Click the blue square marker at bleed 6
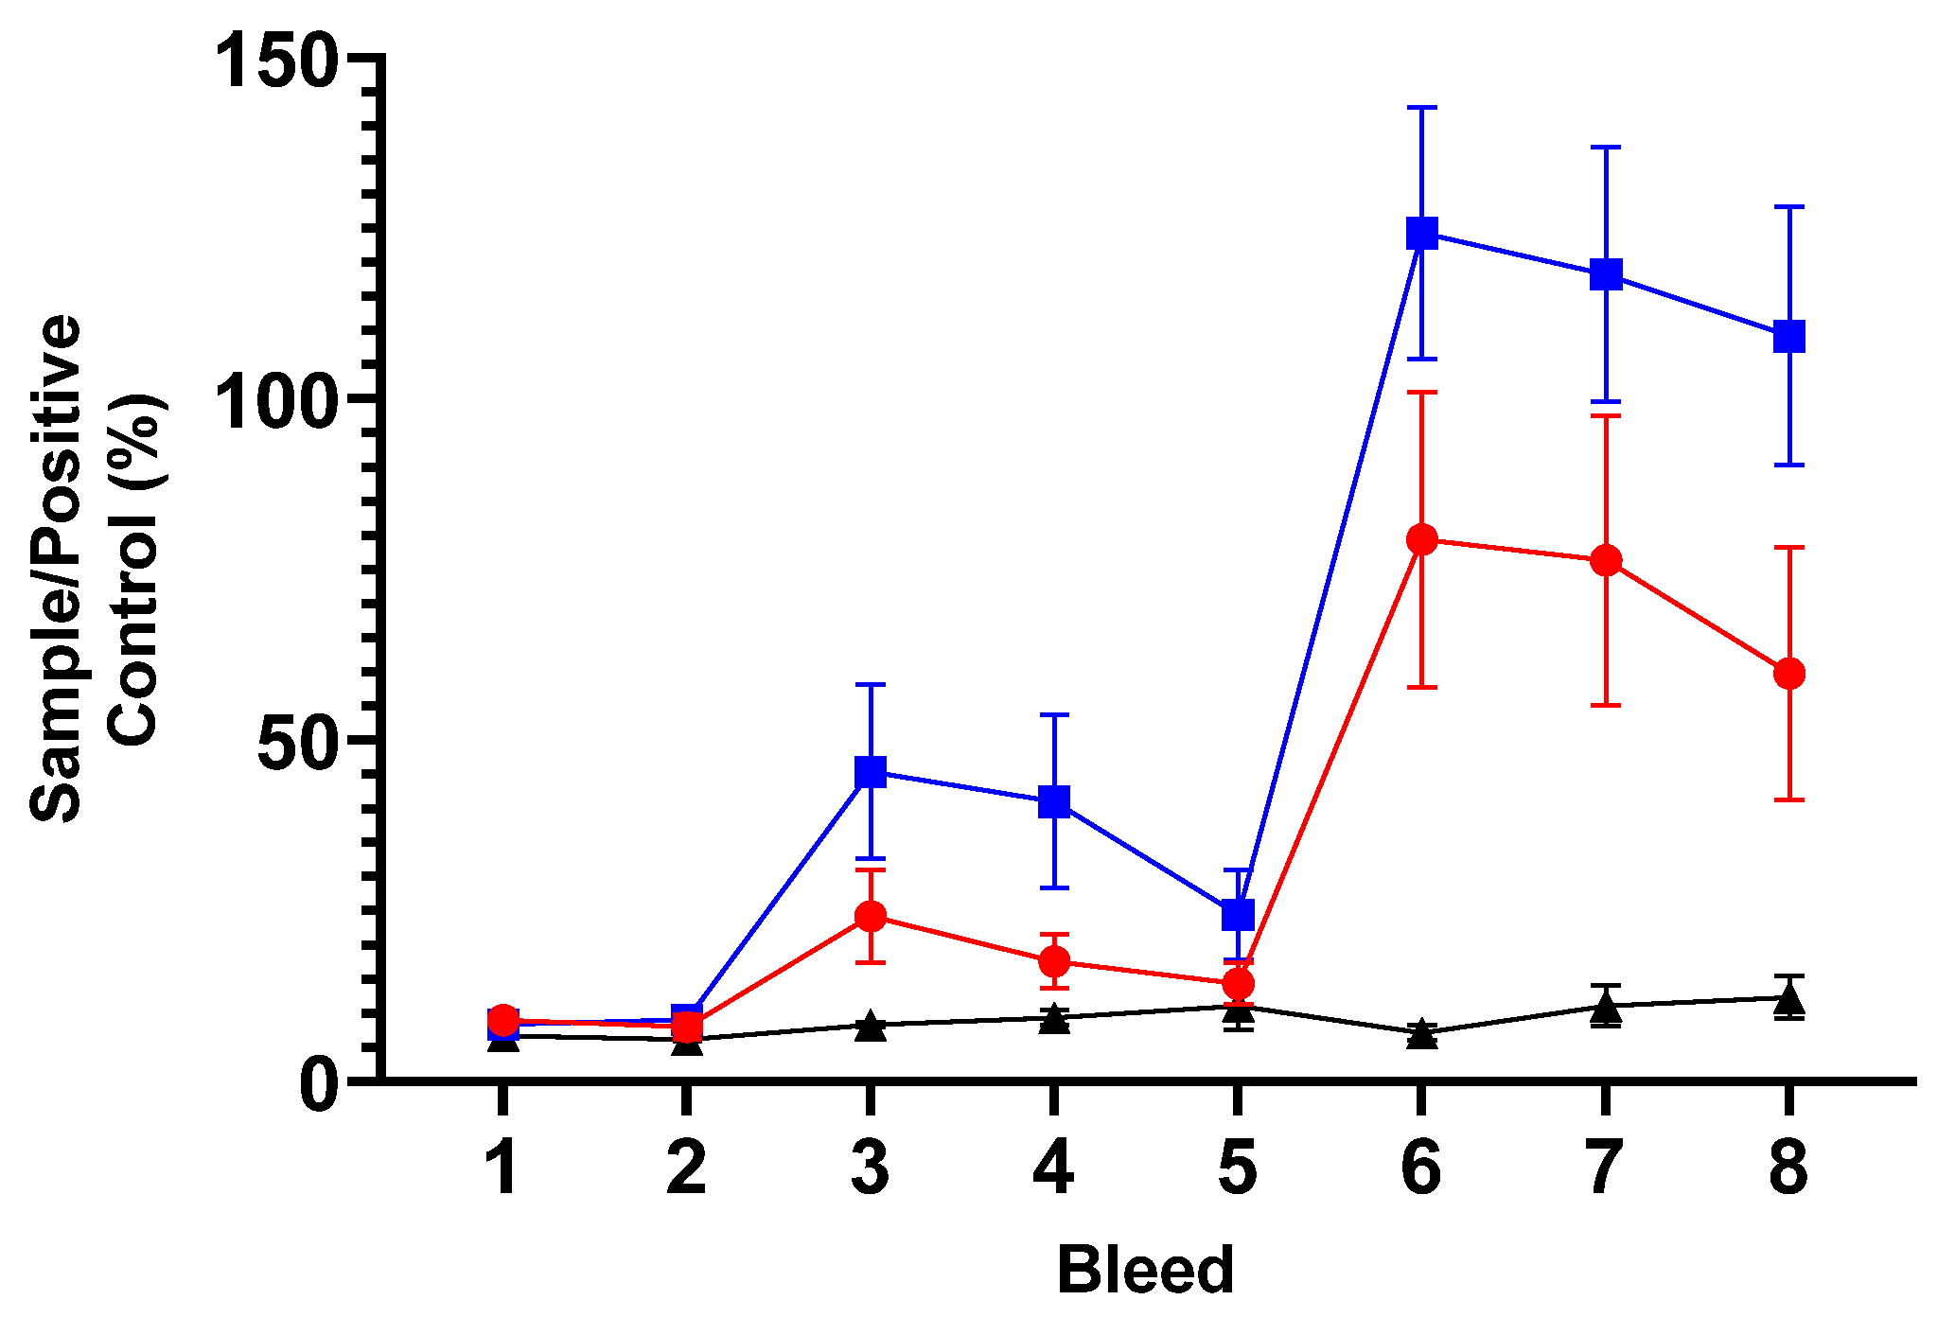click(1421, 233)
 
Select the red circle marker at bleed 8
click(1788, 674)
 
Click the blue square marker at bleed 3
click(871, 771)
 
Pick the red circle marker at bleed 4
click(1054, 961)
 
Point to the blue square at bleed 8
click(1788, 336)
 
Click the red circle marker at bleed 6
click(1421, 540)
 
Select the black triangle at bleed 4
click(1054, 1020)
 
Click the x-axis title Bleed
click(1145, 1270)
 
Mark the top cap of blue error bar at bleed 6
click(1421, 108)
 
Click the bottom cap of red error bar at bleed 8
click(1788, 799)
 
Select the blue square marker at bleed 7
click(1605, 274)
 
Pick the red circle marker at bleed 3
click(871, 916)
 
